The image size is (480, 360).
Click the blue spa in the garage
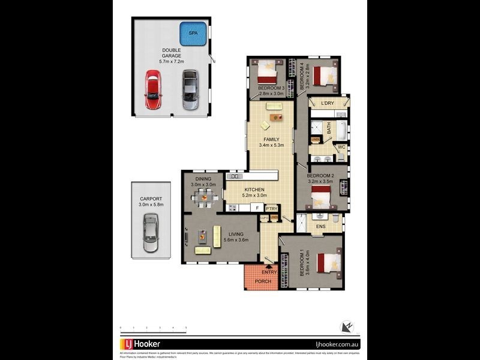pyautogui.click(x=193, y=34)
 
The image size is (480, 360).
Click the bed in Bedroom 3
pyautogui.click(x=266, y=76)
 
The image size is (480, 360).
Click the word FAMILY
pyautogui.click(x=271, y=139)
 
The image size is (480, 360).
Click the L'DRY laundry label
pyautogui.click(x=327, y=104)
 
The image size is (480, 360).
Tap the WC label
pyautogui.click(x=340, y=147)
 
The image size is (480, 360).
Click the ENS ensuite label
pyautogui.click(x=320, y=227)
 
